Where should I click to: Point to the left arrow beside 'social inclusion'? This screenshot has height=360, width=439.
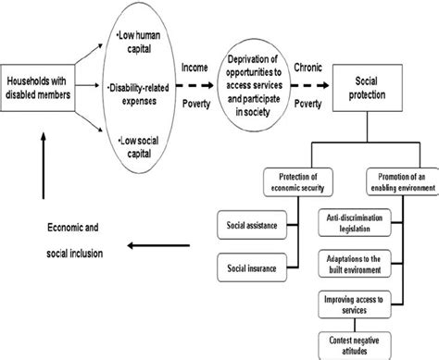click(x=157, y=246)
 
